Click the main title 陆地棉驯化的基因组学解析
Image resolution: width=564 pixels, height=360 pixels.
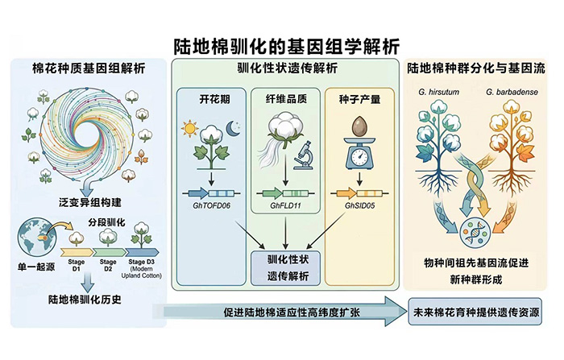287,47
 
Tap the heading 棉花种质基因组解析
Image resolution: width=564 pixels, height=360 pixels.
89,68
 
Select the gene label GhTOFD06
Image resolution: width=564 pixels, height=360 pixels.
211,205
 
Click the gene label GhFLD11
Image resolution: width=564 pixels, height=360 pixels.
285,205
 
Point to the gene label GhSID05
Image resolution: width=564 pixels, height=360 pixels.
359,205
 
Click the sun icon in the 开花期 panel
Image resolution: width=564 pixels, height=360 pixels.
190,128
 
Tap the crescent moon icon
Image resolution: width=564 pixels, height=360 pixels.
233,129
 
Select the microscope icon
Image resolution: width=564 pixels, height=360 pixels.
304,155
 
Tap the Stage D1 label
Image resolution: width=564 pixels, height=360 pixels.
77,266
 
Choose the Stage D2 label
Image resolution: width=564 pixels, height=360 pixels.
108,266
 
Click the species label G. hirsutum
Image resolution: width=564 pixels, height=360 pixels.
438,92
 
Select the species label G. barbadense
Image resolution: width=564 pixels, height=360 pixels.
512,92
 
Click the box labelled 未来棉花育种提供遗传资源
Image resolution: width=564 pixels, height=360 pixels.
475,312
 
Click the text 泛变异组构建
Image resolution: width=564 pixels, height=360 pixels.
90,202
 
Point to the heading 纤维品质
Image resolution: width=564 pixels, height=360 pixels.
286,99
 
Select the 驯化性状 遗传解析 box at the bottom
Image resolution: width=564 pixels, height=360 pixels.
285,268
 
